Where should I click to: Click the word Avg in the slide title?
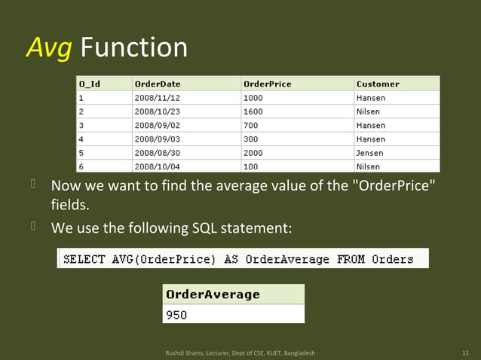coord(50,48)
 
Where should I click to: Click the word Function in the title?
coord(133,48)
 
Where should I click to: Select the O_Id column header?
coord(89,84)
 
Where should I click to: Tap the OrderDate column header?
coord(157,84)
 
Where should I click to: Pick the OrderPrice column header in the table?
coord(267,84)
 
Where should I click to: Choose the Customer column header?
coord(378,84)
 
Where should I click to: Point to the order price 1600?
coord(253,111)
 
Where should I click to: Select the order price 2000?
coord(253,153)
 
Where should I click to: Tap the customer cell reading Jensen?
coord(370,153)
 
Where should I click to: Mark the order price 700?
coord(251,125)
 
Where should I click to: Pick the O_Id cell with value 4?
coord(81,139)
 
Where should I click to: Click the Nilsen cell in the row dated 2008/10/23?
coord(369,111)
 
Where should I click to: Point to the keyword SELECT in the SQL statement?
coord(84,259)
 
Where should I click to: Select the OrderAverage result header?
coord(213,294)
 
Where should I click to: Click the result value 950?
coord(176,315)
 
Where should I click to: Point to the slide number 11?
coord(464,352)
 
